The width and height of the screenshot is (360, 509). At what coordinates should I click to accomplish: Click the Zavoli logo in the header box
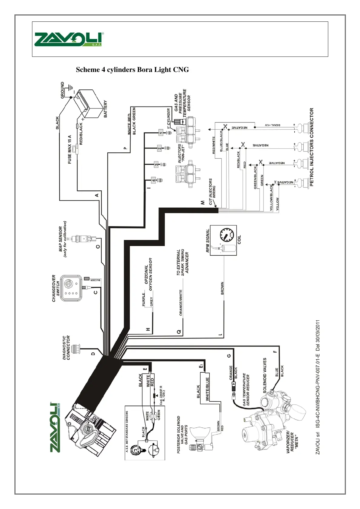coord(69,39)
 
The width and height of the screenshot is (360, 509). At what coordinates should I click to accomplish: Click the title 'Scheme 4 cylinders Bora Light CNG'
coord(132,70)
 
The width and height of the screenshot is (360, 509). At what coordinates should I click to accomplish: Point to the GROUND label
coord(63,90)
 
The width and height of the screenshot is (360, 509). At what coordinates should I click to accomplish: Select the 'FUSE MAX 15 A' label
coord(70,149)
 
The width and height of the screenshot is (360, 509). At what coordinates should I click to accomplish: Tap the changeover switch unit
coord(71,288)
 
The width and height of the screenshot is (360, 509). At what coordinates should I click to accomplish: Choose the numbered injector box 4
coord(154,180)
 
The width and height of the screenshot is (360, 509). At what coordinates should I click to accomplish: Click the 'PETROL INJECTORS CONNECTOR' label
coord(312,147)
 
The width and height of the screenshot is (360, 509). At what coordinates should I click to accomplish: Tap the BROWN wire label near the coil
coord(222,289)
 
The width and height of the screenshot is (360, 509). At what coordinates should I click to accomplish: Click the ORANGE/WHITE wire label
coord(181,303)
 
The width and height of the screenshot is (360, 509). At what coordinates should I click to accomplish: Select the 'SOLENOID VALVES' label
coord(265,375)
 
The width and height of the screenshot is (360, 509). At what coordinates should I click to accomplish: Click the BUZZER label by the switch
coord(95,280)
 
